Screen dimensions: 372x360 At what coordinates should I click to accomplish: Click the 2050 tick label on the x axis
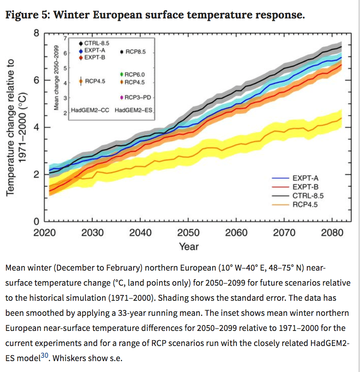click(188, 232)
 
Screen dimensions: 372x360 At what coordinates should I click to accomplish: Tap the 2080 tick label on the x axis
click(332, 232)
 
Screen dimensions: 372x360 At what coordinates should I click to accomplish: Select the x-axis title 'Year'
click(188, 246)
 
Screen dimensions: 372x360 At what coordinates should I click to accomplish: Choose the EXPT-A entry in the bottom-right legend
click(305, 178)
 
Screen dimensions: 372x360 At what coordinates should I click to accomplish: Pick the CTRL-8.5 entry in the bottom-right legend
click(308, 196)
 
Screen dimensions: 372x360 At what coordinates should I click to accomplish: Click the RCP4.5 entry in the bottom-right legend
click(306, 204)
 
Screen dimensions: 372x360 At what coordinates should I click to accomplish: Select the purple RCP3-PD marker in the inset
click(121, 97)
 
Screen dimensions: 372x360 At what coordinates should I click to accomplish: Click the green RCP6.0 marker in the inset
click(121, 74)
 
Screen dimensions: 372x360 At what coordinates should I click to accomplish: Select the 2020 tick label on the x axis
click(45, 232)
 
